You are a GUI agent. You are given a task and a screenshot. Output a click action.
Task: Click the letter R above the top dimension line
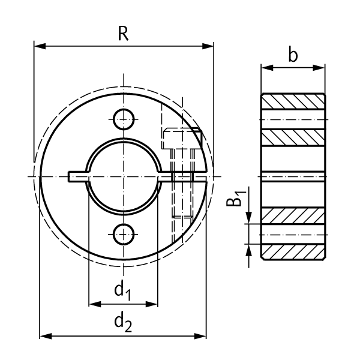click(x=123, y=34)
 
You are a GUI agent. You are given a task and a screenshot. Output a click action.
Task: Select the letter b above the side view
click(x=293, y=56)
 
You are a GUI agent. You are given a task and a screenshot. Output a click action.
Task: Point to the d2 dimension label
click(x=122, y=323)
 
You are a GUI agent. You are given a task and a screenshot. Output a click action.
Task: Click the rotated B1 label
click(x=238, y=198)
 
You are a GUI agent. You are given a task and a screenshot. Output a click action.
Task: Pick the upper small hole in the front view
click(x=124, y=119)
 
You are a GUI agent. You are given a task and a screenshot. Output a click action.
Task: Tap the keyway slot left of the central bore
click(x=77, y=176)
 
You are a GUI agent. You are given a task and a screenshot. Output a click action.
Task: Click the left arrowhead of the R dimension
click(x=38, y=46)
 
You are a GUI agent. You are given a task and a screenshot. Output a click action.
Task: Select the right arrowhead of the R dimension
click(x=210, y=46)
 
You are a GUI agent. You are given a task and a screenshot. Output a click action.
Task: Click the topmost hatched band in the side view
click(x=293, y=102)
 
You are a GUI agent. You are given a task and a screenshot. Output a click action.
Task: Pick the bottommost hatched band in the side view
click(x=293, y=252)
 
